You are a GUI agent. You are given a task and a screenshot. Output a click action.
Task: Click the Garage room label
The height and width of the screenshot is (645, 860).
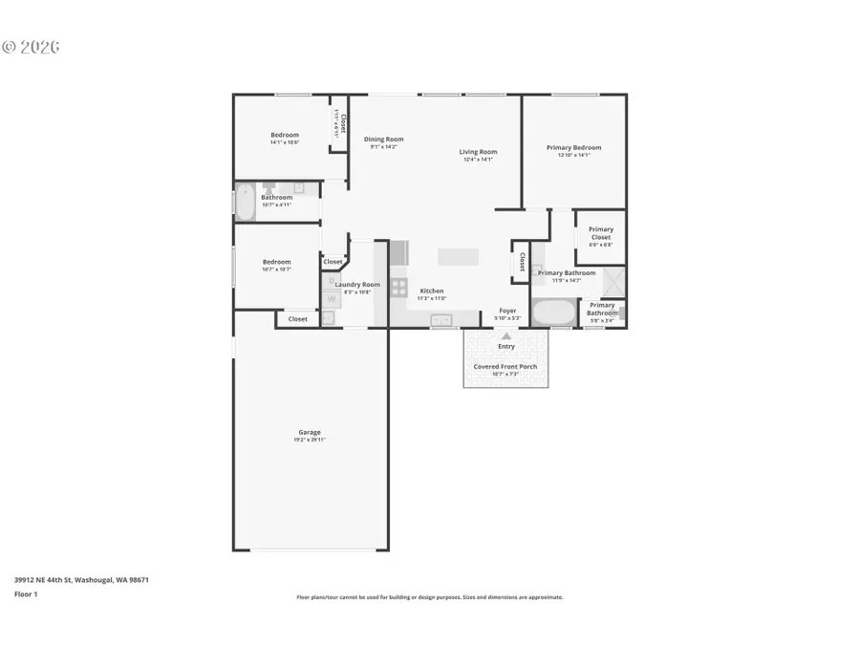pyautogui.click(x=309, y=432)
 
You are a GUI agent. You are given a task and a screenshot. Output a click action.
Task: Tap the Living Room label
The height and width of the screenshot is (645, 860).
pyautogui.click(x=478, y=151)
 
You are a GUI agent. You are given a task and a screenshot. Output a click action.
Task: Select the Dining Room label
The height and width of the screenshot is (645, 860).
pyautogui.click(x=383, y=140)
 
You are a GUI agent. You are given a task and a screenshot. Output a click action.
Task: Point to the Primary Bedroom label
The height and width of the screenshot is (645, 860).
pyautogui.click(x=573, y=147)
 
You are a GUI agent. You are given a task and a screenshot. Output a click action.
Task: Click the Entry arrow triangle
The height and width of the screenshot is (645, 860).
pyautogui.click(x=506, y=335)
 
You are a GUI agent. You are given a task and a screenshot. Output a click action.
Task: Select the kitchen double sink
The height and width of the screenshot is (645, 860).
pyautogui.click(x=441, y=321)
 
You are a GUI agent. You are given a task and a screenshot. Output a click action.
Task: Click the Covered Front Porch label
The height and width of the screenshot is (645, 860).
pyautogui.click(x=505, y=366)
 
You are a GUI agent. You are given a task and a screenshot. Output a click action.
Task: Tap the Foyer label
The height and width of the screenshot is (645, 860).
pyautogui.click(x=507, y=311)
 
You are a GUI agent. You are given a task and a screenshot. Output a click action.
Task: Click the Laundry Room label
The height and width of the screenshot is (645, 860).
pyautogui.click(x=357, y=284)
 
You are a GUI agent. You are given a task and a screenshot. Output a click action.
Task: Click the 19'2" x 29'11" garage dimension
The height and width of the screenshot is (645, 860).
pyautogui.click(x=309, y=440)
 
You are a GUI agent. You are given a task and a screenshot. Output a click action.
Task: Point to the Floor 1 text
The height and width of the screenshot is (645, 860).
pyautogui.click(x=25, y=593)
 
